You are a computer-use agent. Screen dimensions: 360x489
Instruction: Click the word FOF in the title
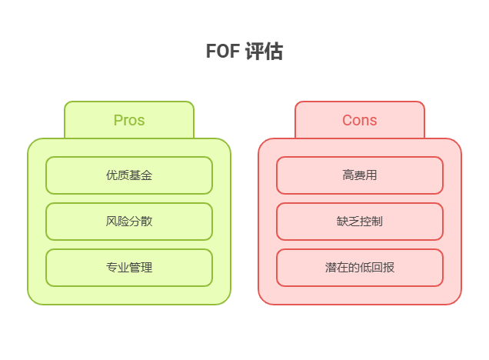point(222,52)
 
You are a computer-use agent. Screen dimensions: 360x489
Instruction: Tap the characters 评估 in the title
point(264,52)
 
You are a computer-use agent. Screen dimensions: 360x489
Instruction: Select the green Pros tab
point(129,120)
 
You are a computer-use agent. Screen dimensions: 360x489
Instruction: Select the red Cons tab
point(360,120)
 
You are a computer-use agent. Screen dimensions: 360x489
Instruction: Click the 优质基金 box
point(129,175)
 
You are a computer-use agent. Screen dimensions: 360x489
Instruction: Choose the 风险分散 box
point(129,222)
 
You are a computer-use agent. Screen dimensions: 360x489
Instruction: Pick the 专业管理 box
point(129,268)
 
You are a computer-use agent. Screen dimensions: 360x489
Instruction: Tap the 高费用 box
point(360,175)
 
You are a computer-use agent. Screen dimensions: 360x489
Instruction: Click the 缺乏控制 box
point(360,222)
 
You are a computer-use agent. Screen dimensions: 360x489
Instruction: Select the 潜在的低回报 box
point(360,268)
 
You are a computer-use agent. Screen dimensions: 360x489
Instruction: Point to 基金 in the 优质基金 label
point(141,175)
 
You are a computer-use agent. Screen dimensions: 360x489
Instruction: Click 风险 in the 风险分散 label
point(118,222)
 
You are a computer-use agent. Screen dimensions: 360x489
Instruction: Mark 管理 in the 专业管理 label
point(141,268)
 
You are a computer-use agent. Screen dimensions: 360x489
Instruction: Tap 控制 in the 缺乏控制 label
point(371,222)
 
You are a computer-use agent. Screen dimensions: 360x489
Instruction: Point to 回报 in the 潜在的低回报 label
point(383,268)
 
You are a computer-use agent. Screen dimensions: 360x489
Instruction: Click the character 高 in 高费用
point(348,175)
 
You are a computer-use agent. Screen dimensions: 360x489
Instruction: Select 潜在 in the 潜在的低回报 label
point(337,268)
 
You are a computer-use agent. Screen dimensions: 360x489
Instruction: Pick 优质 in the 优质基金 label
point(118,175)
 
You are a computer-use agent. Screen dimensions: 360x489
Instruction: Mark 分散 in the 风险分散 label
point(141,222)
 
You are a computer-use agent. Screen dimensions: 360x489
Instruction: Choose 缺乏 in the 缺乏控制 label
point(348,222)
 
